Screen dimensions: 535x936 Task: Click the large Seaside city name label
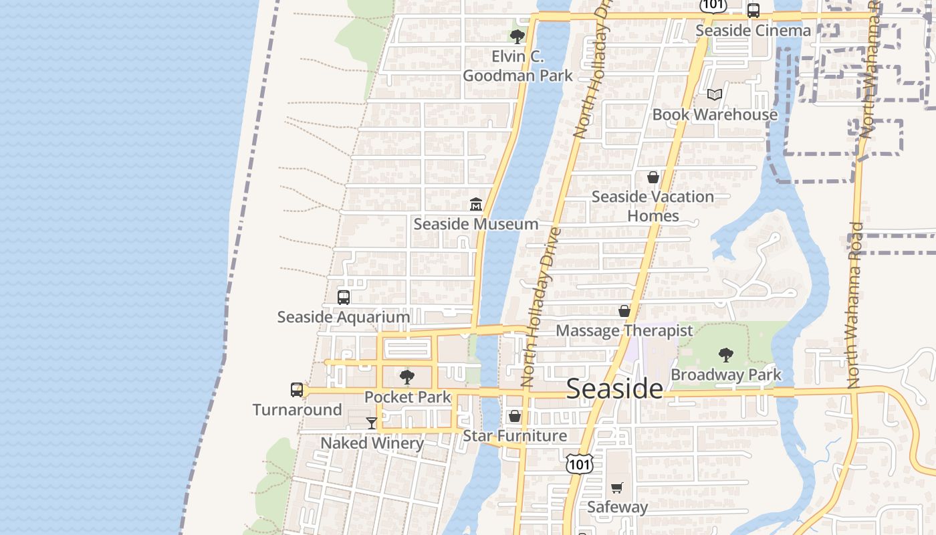click(614, 389)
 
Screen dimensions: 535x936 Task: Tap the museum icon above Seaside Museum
click(476, 204)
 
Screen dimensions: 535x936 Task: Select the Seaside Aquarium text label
click(343, 317)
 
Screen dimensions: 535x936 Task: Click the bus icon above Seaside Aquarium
click(344, 298)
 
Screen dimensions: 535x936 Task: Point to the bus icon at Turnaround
click(297, 390)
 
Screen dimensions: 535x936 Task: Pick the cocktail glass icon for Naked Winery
click(372, 423)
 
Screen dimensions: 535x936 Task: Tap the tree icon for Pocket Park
click(406, 377)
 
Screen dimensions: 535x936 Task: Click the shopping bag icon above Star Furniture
click(515, 416)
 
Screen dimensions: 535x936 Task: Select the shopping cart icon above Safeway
click(617, 488)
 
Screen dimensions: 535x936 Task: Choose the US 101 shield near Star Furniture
click(579, 463)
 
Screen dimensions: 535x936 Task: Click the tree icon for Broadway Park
click(726, 355)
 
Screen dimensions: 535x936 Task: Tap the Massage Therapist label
click(624, 330)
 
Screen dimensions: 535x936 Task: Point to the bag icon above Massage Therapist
click(624, 311)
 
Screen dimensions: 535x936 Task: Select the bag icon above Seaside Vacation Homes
click(653, 177)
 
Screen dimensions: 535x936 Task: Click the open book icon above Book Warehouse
click(715, 95)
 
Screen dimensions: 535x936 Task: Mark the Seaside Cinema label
click(753, 30)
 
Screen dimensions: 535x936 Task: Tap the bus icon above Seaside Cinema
click(753, 11)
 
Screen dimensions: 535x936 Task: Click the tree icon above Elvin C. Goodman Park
click(517, 37)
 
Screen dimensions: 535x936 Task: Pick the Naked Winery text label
click(372, 443)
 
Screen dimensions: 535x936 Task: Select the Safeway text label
click(617, 507)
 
